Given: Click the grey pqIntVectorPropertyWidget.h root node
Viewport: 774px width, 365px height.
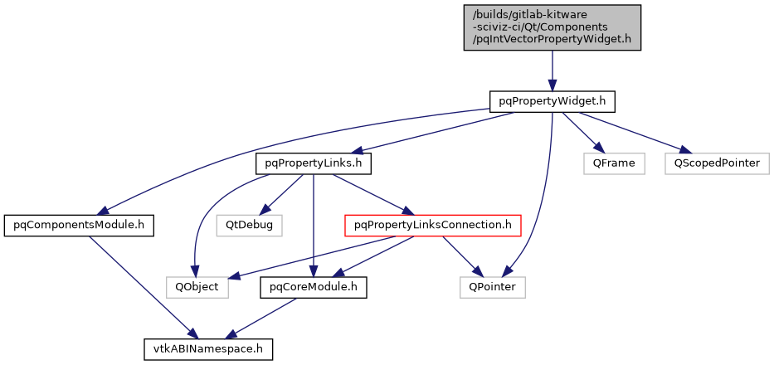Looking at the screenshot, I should [x=553, y=27].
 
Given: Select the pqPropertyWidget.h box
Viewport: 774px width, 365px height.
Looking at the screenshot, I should [x=553, y=101].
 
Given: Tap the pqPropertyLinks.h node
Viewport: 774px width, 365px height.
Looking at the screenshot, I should [x=313, y=163].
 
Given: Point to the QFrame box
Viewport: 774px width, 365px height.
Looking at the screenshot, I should [x=614, y=163].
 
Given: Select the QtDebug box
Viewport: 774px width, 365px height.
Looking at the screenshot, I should [x=250, y=225].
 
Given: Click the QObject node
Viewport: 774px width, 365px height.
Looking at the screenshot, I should [x=197, y=287].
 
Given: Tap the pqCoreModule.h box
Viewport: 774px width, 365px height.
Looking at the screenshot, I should [x=314, y=287].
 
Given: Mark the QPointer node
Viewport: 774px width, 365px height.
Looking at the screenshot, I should [x=493, y=287].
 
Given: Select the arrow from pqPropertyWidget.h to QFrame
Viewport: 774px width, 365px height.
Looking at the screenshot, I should [x=581, y=130].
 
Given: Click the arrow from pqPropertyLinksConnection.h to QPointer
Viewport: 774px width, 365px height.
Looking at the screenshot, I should [x=460, y=255].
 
